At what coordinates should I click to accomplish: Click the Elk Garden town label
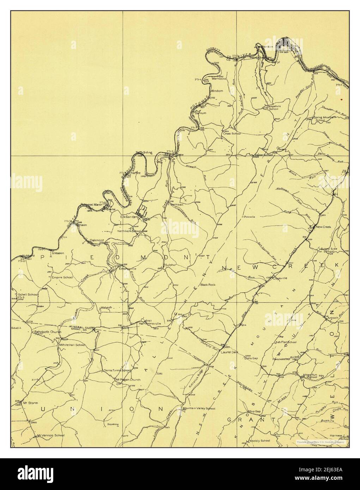[128, 216]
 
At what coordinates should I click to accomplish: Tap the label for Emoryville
[127, 269]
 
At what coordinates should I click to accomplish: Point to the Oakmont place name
[97, 240]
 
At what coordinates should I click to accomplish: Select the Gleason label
[57, 253]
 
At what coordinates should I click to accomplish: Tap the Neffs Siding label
[144, 152]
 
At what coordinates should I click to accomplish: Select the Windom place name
[217, 91]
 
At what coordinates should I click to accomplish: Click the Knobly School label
[260, 441]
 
